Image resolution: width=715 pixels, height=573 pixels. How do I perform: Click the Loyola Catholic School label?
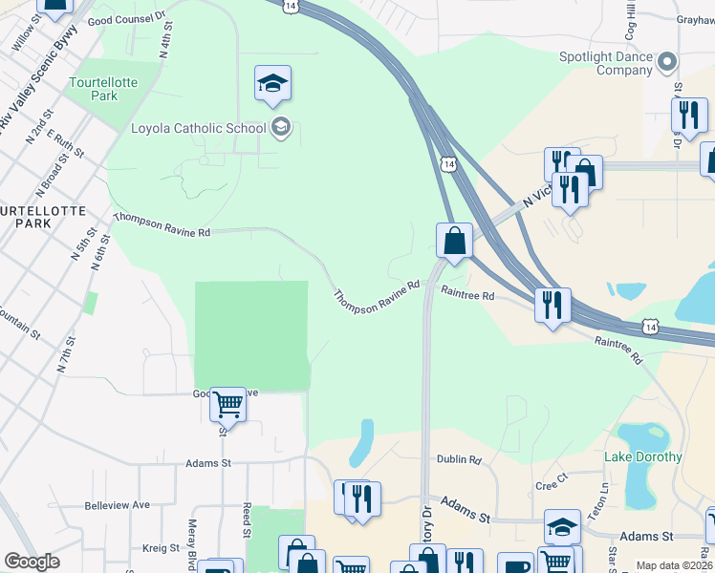click(198, 128)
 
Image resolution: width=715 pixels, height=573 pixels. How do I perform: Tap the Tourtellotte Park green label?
click(103, 89)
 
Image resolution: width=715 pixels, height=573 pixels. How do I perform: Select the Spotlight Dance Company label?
click(605, 63)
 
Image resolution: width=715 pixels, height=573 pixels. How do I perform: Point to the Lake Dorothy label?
click(643, 456)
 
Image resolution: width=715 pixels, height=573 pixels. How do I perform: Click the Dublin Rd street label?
click(459, 459)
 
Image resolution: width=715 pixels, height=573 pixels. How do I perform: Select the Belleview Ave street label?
click(118, 505)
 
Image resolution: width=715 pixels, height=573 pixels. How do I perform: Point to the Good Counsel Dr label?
click(126, 20)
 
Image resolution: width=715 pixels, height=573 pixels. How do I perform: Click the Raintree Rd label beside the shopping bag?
click(467, 296)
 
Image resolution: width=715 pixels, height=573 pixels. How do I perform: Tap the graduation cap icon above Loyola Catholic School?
click(272, 83)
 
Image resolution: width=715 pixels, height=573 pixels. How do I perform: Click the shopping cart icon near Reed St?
click(227, 404)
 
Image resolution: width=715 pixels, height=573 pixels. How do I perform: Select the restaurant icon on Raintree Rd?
click(552, 305)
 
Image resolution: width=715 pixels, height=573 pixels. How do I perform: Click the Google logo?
click(32, 562)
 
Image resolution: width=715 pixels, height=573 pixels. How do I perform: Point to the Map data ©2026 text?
click(673, 565)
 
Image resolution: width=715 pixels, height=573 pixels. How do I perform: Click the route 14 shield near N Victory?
click(448, 164)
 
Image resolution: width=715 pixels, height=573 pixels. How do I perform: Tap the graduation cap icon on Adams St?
click(562, 526)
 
